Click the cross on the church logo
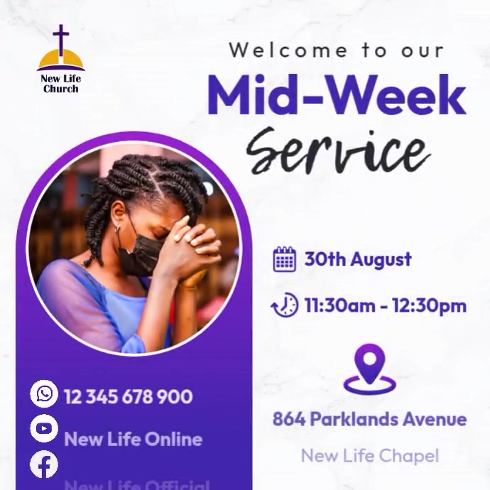click(61, 41)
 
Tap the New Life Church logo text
click(61, 83)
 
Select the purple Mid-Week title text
click(337, 96)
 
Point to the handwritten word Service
click(337, 148)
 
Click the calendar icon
click(284, 259)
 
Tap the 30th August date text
click(358, 259)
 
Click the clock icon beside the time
click(285, 306)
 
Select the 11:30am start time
click(337, 306)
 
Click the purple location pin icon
click(369, 368)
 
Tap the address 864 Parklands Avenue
click(369, 419)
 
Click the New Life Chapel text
click(369, 455)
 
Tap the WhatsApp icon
click(44, 393)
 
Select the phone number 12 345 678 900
click(128, 396)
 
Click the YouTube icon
click(44, 428)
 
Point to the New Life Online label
click(133, 439)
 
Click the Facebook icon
click(44, 465)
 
